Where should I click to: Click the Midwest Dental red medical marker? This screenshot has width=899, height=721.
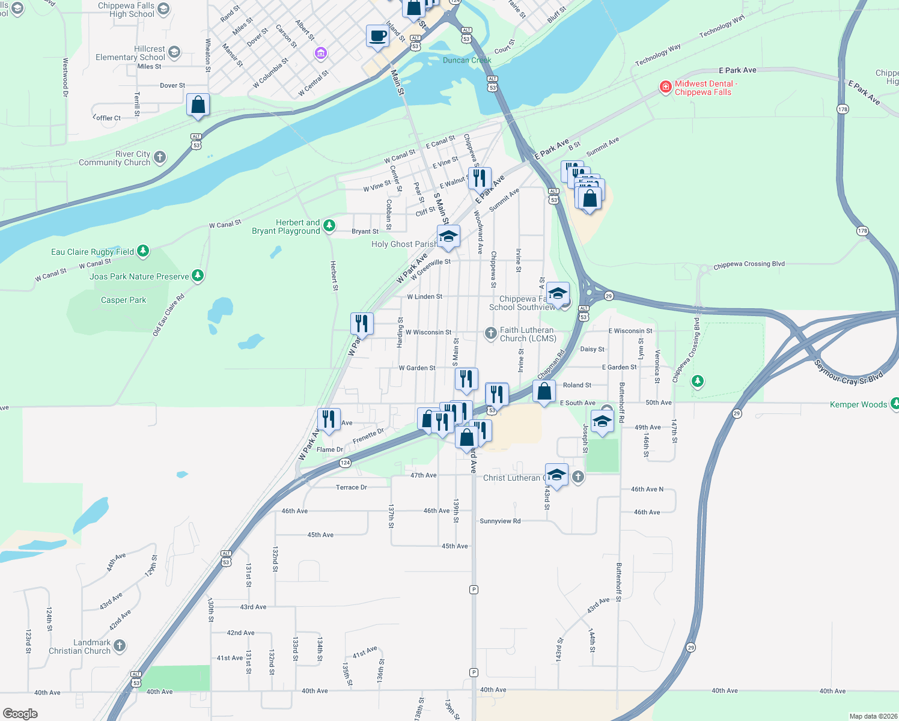tap(665, 87)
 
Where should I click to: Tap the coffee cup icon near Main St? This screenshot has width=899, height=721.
tap(377, 35)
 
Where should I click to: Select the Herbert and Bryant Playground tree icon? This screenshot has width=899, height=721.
tap(329, 226)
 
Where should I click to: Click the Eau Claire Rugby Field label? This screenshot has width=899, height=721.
tap(93, 252)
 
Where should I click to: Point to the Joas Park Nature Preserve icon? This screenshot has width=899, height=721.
tap(198, 276)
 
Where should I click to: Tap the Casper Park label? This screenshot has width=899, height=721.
tap(123, 300)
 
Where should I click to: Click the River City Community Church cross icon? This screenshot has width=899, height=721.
tap(159, 157)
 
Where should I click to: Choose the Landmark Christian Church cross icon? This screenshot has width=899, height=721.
tap(120, 646)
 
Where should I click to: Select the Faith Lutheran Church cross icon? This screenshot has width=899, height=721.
tap(490, 333)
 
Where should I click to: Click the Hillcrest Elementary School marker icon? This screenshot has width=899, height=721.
tap(174, 52)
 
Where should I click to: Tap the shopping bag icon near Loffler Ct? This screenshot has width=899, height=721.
tap(198, 105)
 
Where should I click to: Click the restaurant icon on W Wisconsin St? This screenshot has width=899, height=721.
tap(362, 323)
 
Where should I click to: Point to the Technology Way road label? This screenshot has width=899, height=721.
tap(658, 55)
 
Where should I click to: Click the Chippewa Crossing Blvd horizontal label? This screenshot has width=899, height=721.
tap(749, 265)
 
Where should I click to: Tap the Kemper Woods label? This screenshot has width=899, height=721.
tap(858, 404)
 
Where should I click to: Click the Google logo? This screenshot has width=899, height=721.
tap(20, 713)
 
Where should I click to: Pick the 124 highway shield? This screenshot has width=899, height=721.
tap(345, 463)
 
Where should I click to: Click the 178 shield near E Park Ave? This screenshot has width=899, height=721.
tap(843, 109)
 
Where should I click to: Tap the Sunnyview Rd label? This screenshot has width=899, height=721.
tap(500, 521)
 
